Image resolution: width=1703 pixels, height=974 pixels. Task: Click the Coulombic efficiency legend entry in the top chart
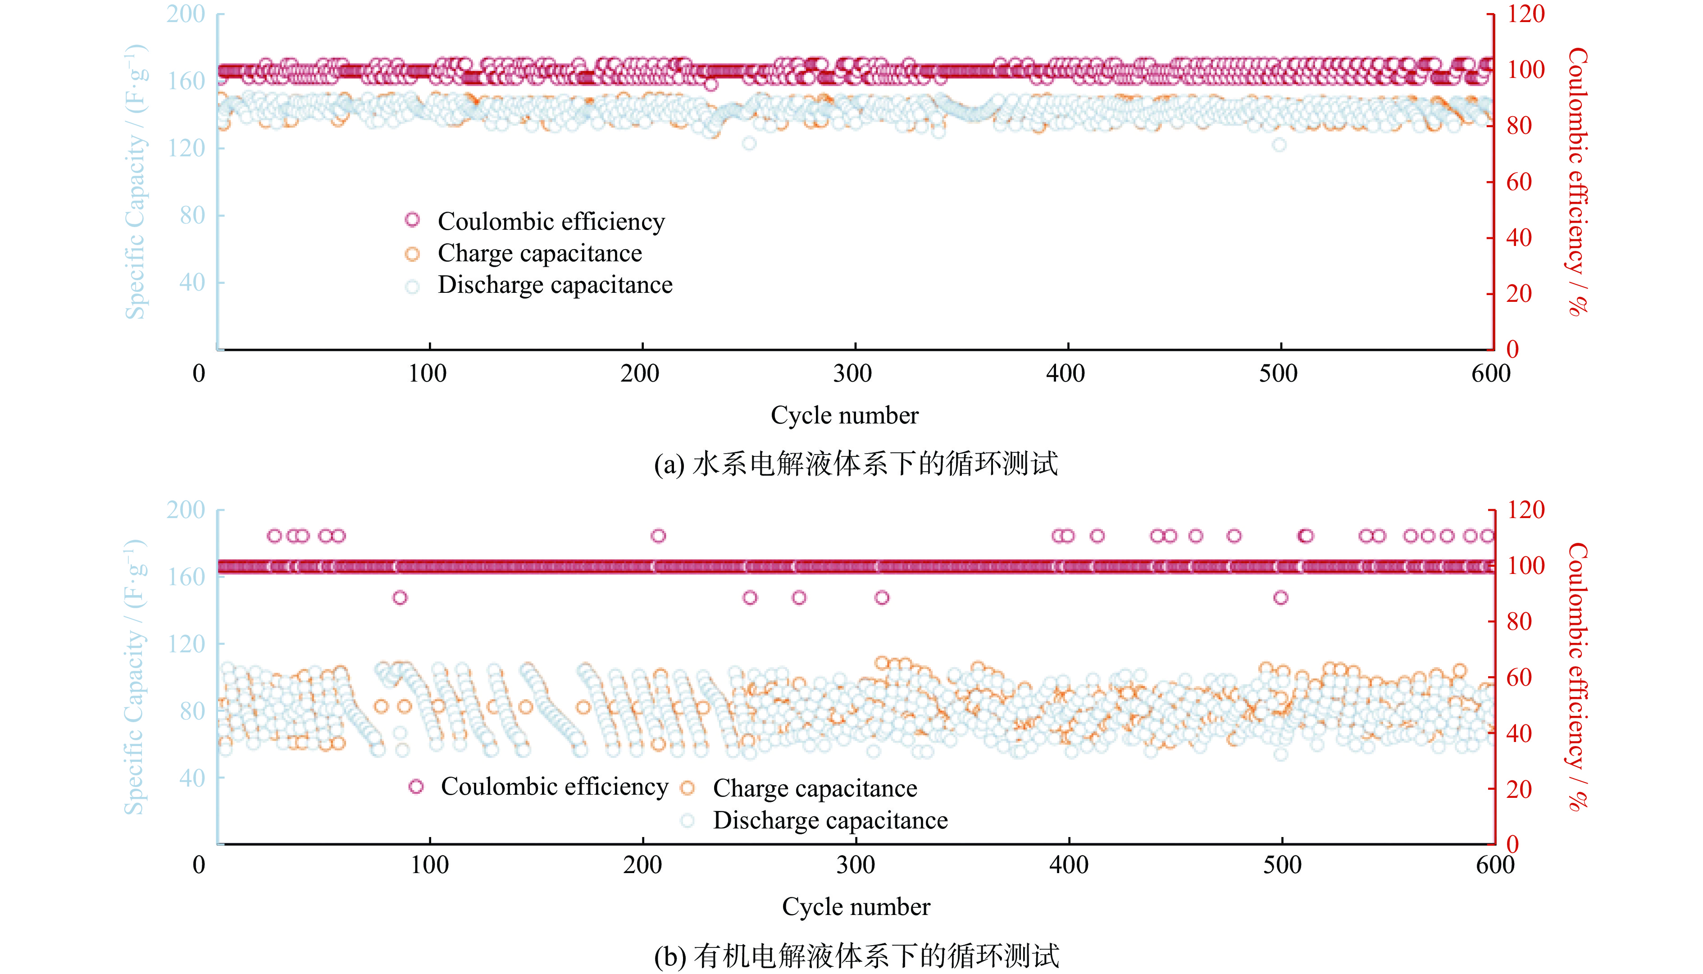tap(551, 221)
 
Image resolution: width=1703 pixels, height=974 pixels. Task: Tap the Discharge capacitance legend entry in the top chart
tap(555, 285)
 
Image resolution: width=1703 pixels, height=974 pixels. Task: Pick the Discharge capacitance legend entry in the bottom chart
tap(829, 820)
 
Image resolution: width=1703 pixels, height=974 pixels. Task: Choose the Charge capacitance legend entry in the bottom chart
tap(814, 788)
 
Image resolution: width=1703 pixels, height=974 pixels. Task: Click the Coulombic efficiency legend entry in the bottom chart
tap(554, 786)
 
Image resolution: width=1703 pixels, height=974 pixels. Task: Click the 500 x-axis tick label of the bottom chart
tap(1282, 865)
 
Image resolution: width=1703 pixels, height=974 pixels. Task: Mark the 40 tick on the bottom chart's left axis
tap(192, 778)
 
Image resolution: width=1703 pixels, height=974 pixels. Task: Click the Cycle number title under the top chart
tap(844, 415)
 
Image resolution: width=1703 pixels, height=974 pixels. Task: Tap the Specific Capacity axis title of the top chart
tap(135, 181)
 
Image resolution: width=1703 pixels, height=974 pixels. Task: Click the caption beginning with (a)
tap(856, 464)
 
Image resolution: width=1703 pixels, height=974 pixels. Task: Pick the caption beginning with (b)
tap(856, 955)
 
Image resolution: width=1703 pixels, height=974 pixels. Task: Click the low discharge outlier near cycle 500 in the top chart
tap(1279, 145)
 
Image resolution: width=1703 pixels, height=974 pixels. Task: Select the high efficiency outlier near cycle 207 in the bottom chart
tap(658, 536)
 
